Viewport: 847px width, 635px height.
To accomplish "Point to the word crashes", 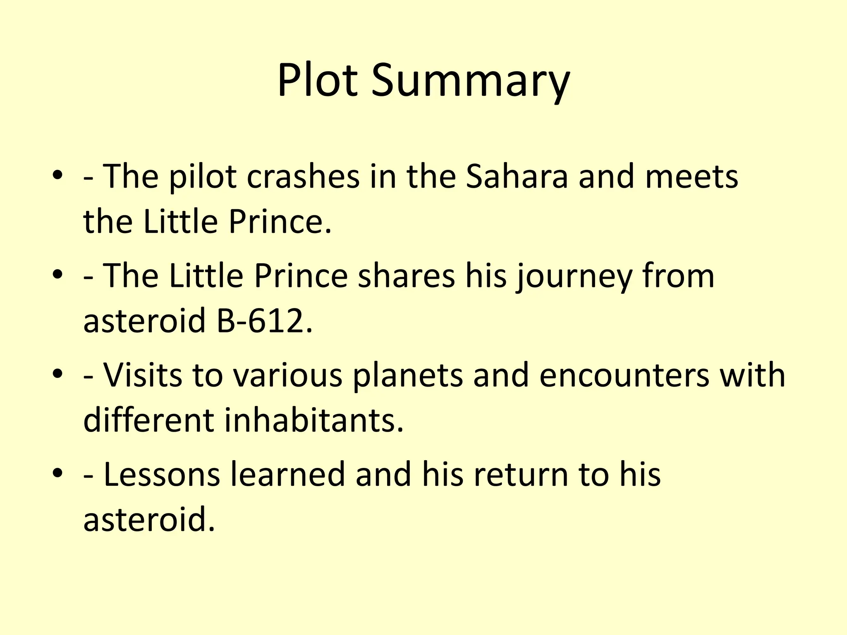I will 304,177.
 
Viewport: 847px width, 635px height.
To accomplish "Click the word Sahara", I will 517,177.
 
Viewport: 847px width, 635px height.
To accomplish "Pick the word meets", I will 691,177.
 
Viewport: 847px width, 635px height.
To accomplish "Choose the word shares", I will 406,276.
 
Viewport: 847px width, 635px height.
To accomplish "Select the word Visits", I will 143,375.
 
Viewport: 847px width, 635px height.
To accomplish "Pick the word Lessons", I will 162,474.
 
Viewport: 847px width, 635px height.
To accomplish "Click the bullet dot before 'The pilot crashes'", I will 58,176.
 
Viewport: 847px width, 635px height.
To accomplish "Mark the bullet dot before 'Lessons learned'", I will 58,473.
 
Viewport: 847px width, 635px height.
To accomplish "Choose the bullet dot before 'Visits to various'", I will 58,374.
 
